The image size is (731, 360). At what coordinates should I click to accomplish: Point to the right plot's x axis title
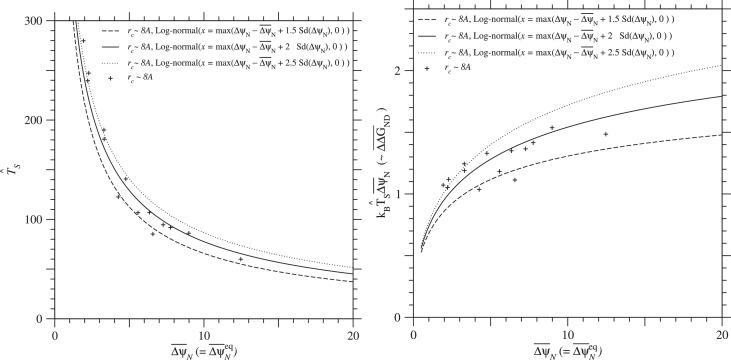(x=568, y=349)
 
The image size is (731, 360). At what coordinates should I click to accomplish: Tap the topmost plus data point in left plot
(x=83, y=41)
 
